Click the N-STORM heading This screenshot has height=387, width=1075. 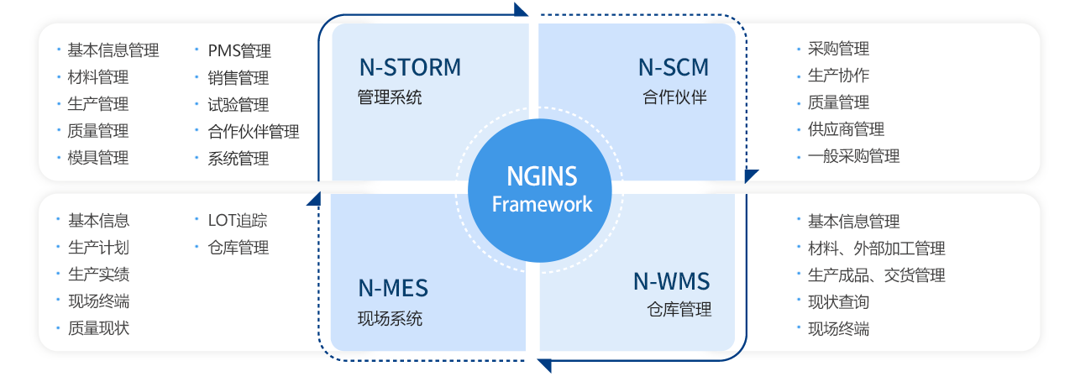coord(410,68)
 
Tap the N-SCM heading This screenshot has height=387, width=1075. coord(673,68)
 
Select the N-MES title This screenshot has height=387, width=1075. coord(393,289)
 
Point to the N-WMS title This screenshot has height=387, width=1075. coord(671,281)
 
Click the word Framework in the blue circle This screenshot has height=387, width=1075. coord(542,204)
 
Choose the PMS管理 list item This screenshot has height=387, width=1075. coord(239,51)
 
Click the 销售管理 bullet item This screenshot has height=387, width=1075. coord(239,78)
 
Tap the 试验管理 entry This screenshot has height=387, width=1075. coord(239,105)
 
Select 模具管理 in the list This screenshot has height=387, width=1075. coord(98,158)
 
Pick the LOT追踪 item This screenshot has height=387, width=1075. coord(238,221)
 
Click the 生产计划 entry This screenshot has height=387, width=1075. coord(98,248)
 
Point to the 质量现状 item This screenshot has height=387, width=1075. coord(98,328)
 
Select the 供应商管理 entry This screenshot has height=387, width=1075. coord(846,129)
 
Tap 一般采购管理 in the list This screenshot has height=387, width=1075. coord(853,156)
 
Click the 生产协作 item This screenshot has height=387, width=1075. coord(838,76)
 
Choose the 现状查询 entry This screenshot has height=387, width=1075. coord(838,302)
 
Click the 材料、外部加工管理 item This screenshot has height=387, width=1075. coord(876,248)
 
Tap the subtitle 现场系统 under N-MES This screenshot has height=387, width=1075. coord(390,319)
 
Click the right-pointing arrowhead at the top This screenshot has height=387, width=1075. coord(521,10)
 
